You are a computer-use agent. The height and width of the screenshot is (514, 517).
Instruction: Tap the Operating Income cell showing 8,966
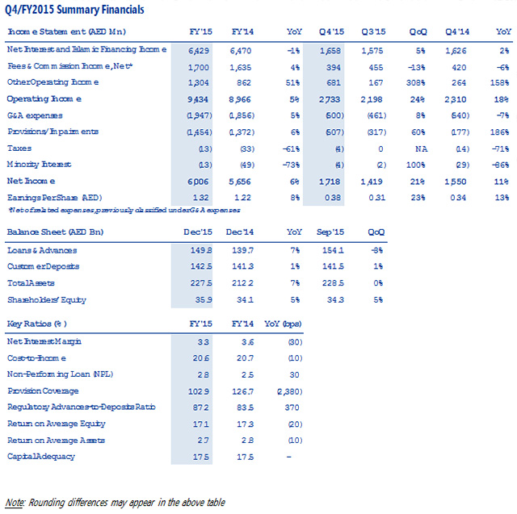pos(243,99)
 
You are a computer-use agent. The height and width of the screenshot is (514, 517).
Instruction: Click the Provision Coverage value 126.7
pos(244,391)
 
